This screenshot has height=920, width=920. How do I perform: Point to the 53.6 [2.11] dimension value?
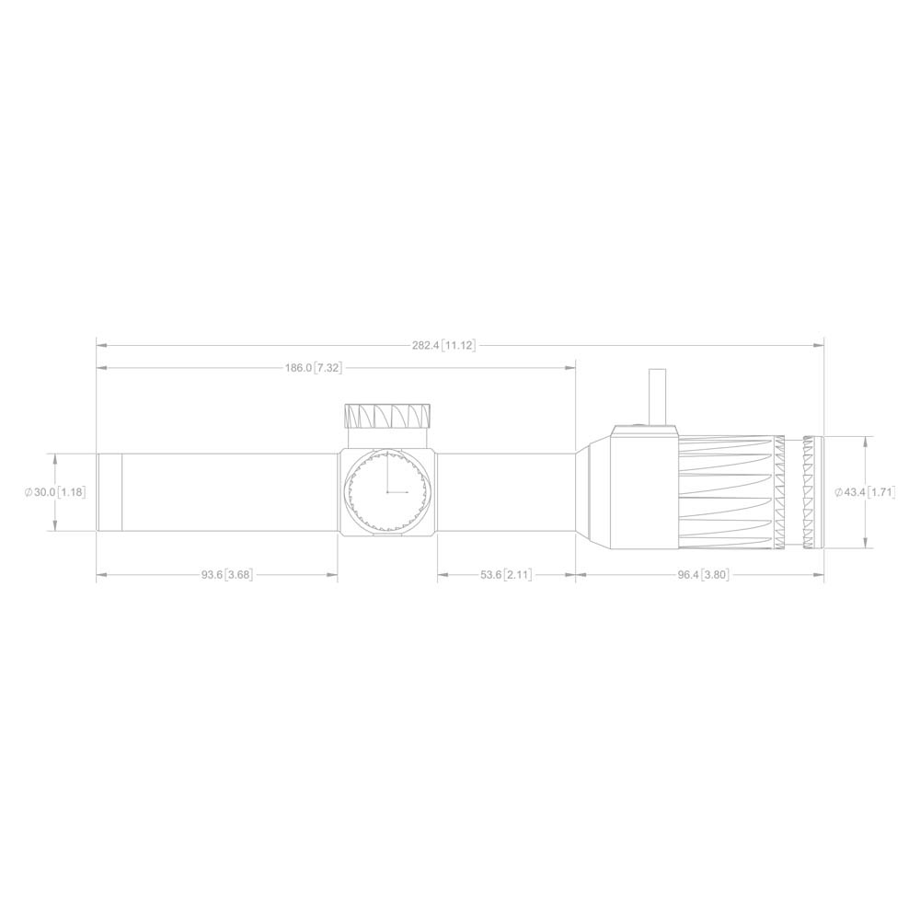(506, 575)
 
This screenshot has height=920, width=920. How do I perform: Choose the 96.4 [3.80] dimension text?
(703, 575)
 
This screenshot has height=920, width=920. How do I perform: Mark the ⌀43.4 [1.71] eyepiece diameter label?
(865, 493)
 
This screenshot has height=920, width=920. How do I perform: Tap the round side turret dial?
(387, 492)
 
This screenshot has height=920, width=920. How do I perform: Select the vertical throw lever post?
(658, 396)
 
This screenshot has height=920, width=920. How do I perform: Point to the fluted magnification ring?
(727, 492)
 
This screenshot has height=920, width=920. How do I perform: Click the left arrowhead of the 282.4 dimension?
(101, 346)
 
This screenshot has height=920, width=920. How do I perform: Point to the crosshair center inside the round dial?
(387, 492)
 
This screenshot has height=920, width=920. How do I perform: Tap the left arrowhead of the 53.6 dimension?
(442, 575)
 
